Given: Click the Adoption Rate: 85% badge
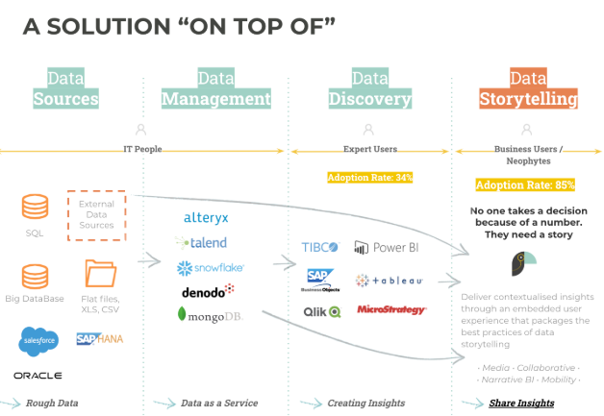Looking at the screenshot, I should coord(525,184).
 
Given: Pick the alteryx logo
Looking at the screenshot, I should coord(206,218).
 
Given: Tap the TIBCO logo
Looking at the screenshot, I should coord(319,248).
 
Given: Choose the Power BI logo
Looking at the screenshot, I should coord(387,248).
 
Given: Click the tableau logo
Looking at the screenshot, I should coord(389,281).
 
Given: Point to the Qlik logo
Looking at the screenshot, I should coord(321,311).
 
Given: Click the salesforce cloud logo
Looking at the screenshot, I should coord(37,339).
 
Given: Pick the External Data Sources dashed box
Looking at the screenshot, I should coord(96,215).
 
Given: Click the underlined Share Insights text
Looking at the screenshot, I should coord(521,403).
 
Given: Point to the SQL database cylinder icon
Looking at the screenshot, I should coord(36,208).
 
